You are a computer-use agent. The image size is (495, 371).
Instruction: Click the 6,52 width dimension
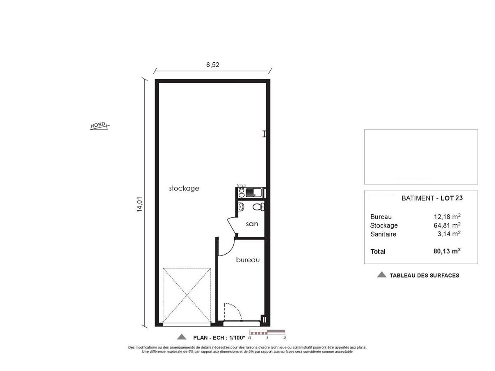(212, 65)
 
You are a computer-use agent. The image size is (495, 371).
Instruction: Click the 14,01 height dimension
(139, 204)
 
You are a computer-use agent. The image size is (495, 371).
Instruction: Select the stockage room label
(184, 189)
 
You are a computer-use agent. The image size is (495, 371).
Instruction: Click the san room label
(252, 224)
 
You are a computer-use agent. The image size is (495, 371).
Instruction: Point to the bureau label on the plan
(248, 260)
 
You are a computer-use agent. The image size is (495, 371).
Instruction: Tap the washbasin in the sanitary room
(241, 207)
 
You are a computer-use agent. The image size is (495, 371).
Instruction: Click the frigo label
(241, 186)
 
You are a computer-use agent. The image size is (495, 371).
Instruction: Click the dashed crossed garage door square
(187, 295)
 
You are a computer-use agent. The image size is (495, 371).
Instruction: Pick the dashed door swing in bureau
(233, 311)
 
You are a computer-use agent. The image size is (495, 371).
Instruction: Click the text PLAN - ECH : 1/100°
(219, 338)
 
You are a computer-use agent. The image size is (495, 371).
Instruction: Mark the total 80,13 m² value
(447, 251)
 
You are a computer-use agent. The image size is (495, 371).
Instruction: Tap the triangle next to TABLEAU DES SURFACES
(381, 275)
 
